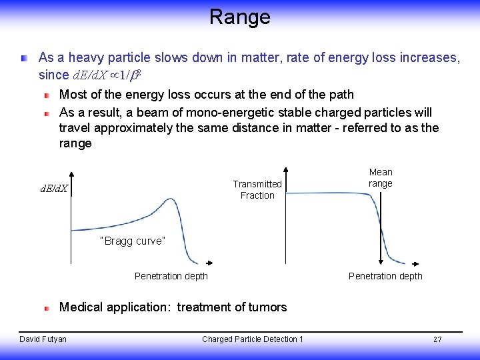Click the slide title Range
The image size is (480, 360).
pos(239,17)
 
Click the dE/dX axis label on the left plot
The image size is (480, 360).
pos(55,189)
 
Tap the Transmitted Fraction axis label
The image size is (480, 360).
pos(257,189)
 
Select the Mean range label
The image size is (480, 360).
pos(381,178)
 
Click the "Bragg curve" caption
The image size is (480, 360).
pos(131,241)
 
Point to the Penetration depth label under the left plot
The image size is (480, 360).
pos(171,276)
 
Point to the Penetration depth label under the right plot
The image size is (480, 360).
pos(385,276)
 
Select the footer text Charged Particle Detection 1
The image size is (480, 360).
pos(253,339)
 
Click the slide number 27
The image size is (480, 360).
pos(437,339)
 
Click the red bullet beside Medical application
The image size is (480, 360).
pos(47,308)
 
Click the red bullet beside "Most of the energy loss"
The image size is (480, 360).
pos(47,95)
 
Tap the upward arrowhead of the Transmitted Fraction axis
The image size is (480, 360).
pos(286,169)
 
